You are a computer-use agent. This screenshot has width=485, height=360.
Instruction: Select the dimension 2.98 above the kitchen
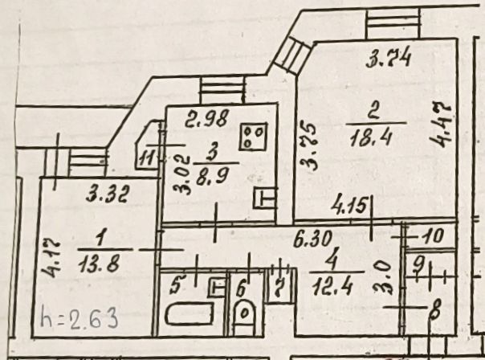click(205, 122)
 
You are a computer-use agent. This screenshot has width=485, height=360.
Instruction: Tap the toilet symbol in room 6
click(243, 316)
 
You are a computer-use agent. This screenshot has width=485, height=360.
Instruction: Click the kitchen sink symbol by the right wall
click(263, 198)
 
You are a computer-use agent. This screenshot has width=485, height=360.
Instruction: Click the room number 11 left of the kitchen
click(146, 157)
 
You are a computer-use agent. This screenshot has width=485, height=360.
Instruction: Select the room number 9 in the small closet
click(418, 263)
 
